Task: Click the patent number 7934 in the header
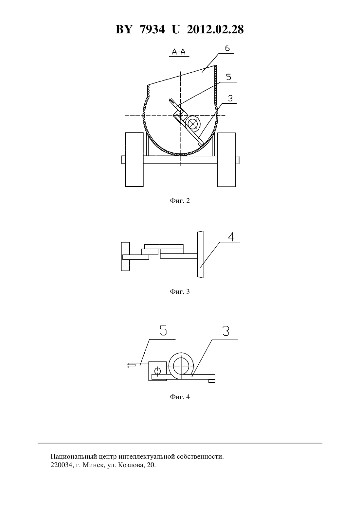[152, 29]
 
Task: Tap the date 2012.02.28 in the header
[215, 29]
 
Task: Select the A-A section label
[179, 52]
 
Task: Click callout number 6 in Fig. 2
[227, 48]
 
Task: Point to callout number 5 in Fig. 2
[228, 77]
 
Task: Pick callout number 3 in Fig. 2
[230, 98]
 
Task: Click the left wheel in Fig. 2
[134, 160]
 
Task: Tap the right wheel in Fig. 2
[226, 160]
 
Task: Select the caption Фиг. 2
[180, 201]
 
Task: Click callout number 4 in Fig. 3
[231, 237]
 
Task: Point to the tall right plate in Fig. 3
[200, 254]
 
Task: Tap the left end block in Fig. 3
[125, 256]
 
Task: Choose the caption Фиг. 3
[180, 291]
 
